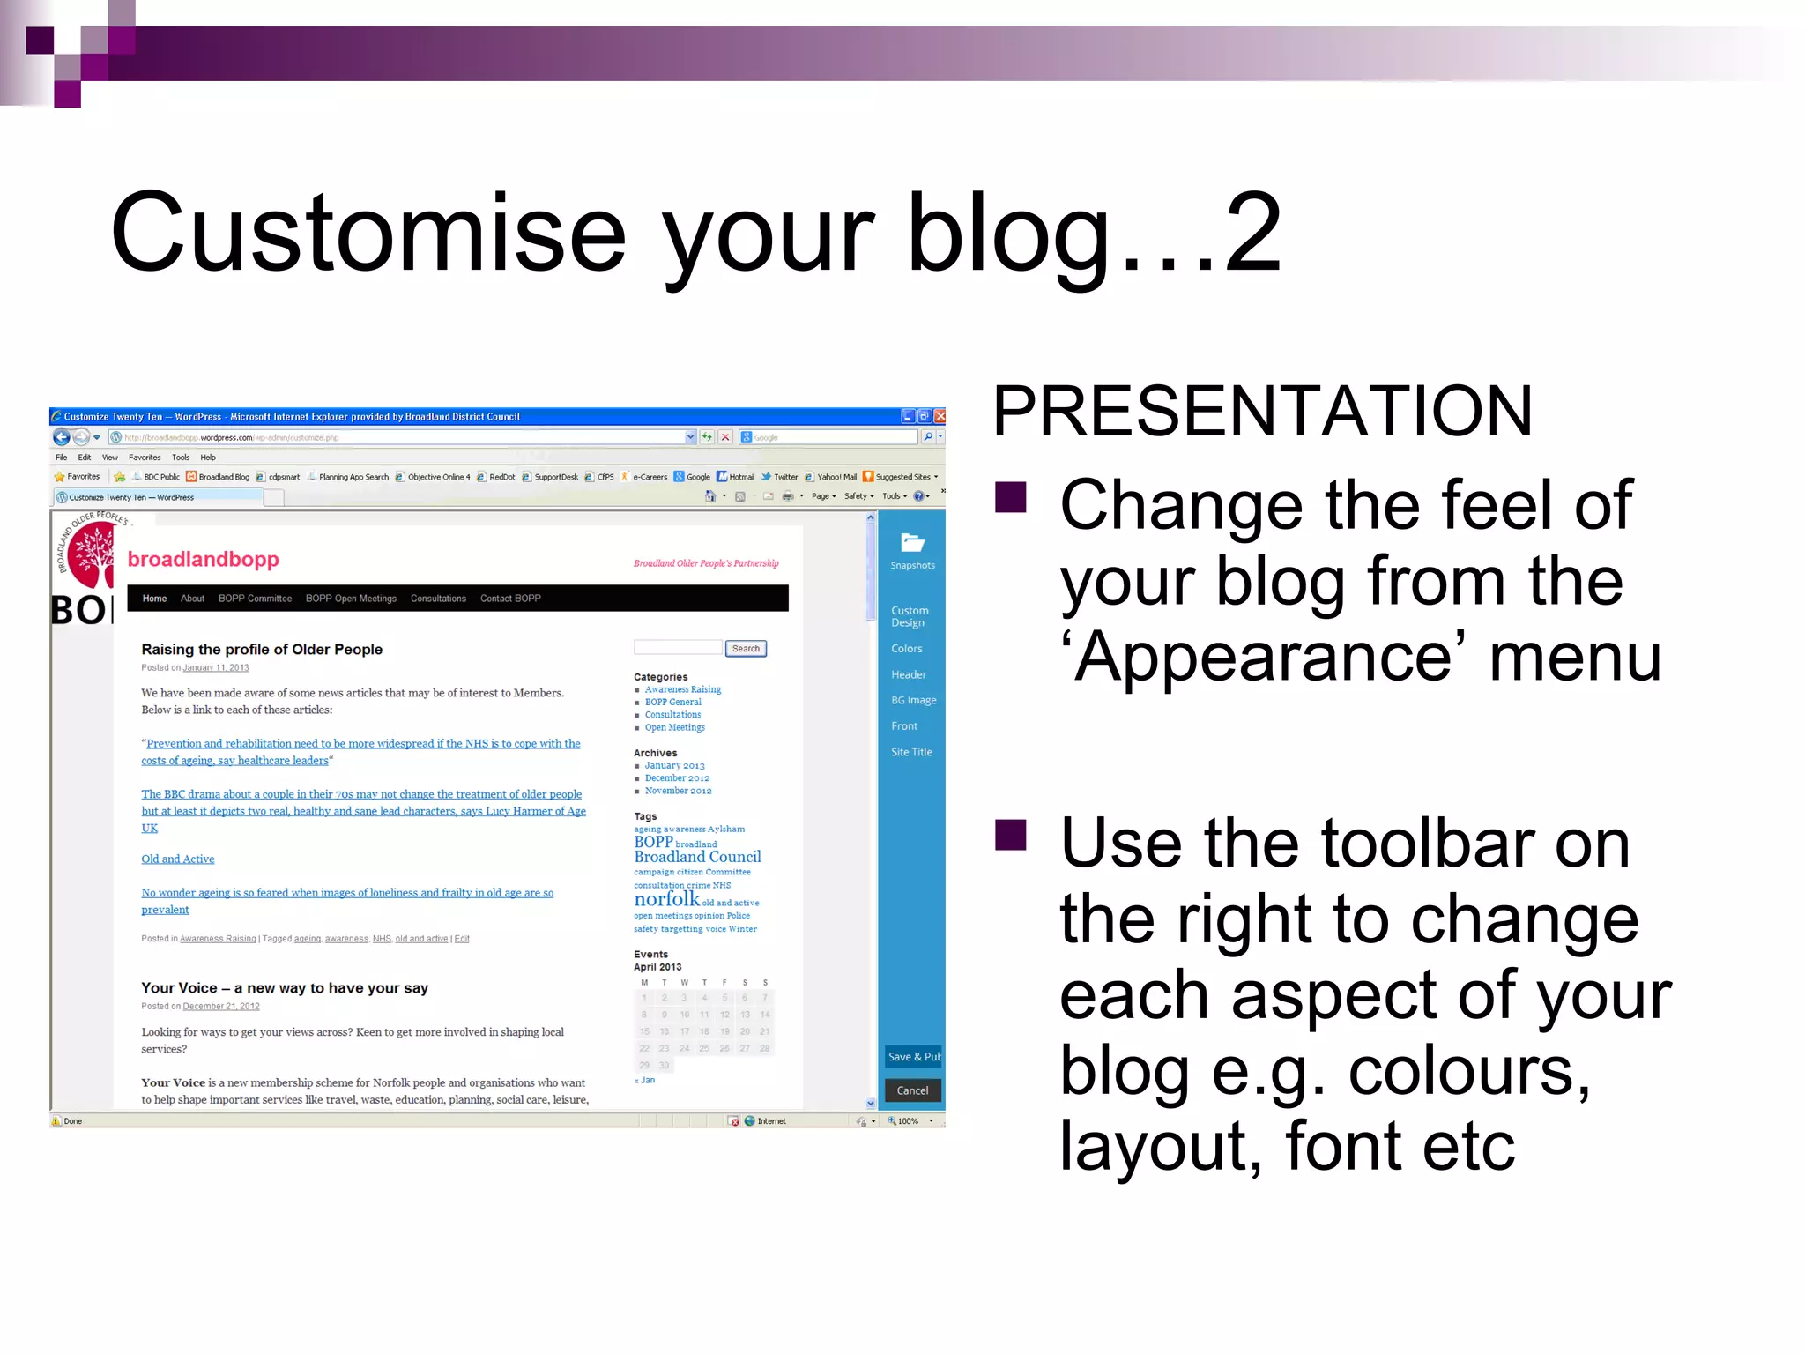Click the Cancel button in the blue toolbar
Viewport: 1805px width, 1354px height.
tap(912, 1090)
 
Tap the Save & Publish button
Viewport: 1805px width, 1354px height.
tap(913, 1056)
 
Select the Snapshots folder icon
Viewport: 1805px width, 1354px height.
tap(912, 543)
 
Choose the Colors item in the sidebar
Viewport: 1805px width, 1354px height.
tap(906, 648)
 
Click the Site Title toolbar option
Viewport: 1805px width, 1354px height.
tap(910, 752)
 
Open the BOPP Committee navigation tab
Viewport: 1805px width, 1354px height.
tap(255, 599)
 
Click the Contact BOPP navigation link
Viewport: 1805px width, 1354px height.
tap(510, 599)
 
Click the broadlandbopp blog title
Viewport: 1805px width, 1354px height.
tap(203, 559)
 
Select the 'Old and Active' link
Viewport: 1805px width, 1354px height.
tap(177, 859)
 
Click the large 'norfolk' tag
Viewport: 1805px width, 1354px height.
tap(666, 899)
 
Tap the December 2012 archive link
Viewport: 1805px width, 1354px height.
tap(676, 777)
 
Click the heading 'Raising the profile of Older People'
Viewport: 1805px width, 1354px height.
tap(262, 649)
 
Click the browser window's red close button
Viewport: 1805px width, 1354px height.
tap(940, 416)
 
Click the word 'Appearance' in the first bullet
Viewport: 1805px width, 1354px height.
tap(1262, 658)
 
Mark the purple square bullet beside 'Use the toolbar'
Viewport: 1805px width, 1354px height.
tap(1011, 835)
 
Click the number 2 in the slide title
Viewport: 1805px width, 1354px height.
tap(1252, 233)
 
